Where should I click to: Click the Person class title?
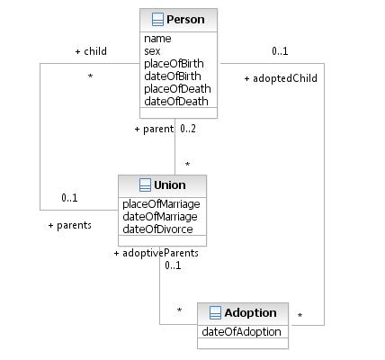(185, 20)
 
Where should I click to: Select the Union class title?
(170, 184)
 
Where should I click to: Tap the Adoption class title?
(250, 312)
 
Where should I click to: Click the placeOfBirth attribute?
(174, 64)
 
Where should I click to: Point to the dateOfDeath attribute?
(176, 102)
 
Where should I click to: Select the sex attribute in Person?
(152, 51)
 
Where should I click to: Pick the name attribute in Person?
(157, 39)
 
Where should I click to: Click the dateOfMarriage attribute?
(160, 217)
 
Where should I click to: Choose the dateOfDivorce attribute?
(157, 229)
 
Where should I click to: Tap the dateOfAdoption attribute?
(241, 332)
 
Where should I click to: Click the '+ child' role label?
(91, 51)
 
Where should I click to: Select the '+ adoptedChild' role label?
(281, 78)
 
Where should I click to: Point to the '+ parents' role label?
(70, 225)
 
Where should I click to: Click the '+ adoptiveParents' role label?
(157, 253)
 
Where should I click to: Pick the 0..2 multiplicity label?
(188, 129)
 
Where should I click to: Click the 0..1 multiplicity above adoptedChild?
(280, 51)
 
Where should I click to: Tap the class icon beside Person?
(157, 20)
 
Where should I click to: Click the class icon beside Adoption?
(215, 312)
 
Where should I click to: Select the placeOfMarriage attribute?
(161, 204)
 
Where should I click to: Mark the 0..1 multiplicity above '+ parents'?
(69, 198)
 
